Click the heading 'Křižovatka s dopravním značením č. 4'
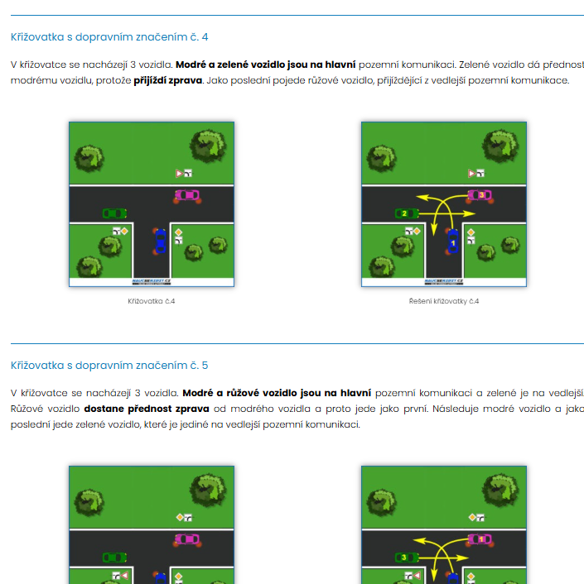click(109, 37)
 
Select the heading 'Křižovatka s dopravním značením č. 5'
click(109, 366)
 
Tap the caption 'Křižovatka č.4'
click(152, 301)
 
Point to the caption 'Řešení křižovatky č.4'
click(444, 301)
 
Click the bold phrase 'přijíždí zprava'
click(168, 80)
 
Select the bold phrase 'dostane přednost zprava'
click(147, 409)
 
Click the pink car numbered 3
click(480, 195)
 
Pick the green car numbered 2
click(407, 213)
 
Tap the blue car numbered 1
click(452, 241)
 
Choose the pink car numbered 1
click(480, 539)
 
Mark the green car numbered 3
click(407, 558)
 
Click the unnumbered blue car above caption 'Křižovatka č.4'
click(160, 241)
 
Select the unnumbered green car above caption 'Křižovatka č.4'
click(114, 213)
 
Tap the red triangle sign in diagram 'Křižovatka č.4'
click(180, 173)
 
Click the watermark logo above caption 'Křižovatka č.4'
click(152, 281)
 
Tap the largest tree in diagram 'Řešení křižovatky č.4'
click(500, 146)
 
